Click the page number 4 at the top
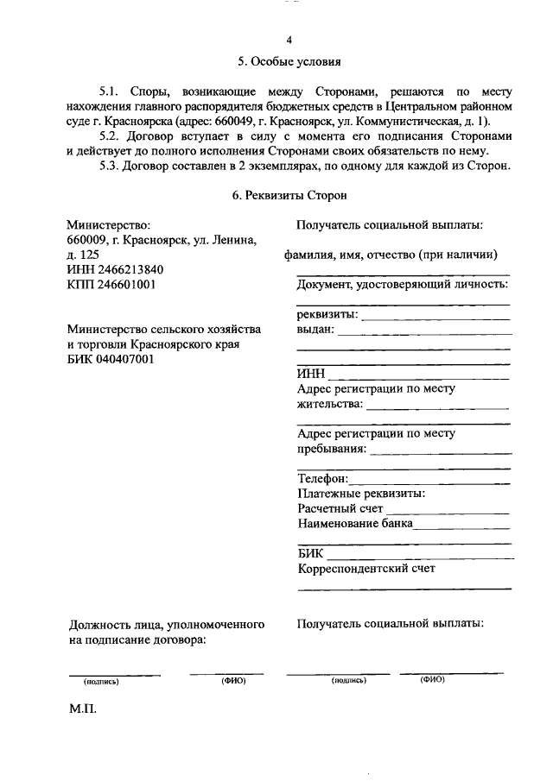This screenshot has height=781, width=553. pos(289,41)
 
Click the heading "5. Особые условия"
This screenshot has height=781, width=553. pos(289,62)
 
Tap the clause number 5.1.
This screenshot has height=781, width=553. pos(112,91)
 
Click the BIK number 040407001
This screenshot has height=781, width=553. pos(125,359)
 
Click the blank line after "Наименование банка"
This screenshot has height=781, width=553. pos(463,524)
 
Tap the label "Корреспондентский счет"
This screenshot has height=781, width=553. pos(365,569)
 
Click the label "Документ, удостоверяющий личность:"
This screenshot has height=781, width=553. pos(402,285)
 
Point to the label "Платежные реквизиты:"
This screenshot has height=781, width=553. pos(360,494)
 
